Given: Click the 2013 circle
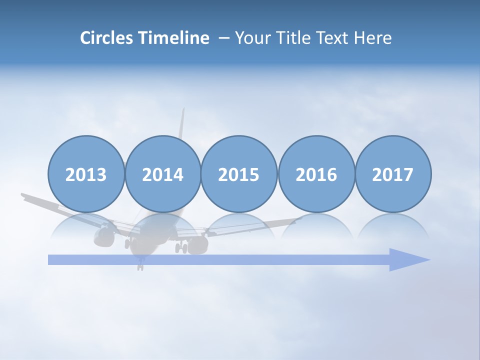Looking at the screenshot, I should coord(86,174).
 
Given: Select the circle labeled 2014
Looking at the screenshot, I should coord(163,174).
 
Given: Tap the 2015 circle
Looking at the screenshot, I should coord(239,174).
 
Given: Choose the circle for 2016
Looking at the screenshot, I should coord(316,174).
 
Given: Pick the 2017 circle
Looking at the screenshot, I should coord(393,174).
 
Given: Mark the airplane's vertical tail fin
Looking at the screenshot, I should coord(182,125).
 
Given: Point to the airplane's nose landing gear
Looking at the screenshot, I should coord(140,263).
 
